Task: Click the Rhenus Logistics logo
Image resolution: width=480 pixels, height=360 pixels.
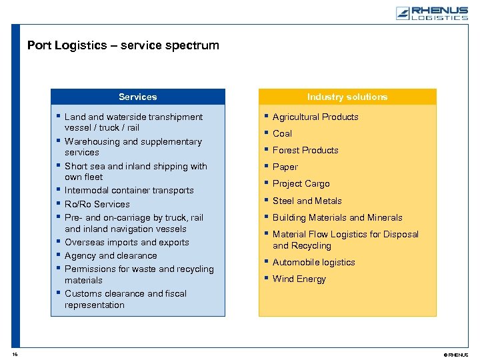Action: [x=431, y=13]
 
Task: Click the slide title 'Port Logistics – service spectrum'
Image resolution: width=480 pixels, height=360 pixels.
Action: [x=123, y=45]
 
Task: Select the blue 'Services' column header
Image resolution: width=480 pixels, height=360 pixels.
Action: [x=137, y=97]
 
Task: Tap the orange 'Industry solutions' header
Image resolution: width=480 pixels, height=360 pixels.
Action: [x=347, y=97]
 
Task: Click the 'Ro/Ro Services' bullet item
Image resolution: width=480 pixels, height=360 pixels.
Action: [x=97, y=204]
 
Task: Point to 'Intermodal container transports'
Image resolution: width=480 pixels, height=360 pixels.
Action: [x=129, y=191]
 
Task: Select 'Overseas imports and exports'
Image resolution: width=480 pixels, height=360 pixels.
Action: [x=127, y=242]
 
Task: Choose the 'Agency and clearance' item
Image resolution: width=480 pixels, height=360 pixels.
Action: [x=111, y=255]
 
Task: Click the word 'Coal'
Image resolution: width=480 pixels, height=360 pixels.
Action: [x=282, y=133]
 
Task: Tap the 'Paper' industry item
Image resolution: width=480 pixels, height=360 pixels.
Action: [x=285, y=167]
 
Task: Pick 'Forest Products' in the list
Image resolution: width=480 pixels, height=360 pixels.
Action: [x=305, y=150]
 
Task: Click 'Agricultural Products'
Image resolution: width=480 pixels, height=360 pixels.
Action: [x=315, y=117]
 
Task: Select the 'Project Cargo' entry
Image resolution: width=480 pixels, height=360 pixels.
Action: [x=301, y=183]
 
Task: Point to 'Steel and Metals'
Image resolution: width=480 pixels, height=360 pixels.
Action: [x=307, y=201]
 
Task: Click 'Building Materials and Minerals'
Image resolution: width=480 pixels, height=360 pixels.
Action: [x=337, y=217]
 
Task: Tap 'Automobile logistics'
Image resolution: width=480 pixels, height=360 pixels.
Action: [x=313, y=262]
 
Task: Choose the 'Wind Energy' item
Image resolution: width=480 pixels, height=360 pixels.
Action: [x=299, y=279]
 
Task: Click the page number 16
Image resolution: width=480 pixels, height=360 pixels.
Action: [x=14, y=354]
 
